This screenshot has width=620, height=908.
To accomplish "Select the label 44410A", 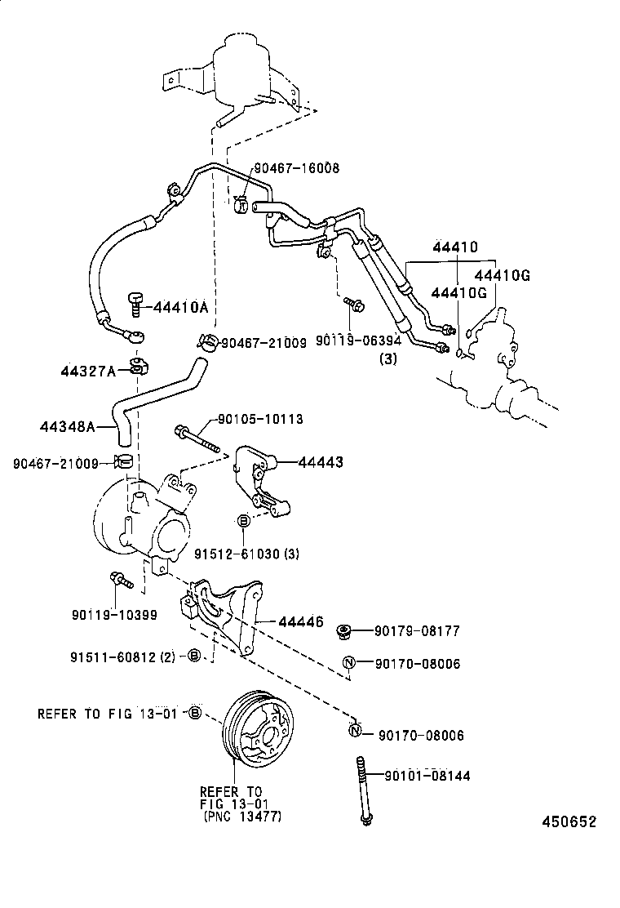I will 178,308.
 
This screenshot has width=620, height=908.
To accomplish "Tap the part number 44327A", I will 87,372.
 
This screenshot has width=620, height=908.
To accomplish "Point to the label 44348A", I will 68,426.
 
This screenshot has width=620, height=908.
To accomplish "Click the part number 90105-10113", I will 260,419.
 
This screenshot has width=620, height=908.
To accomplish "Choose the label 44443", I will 320,462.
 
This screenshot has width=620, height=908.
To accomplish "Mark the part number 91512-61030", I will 236,554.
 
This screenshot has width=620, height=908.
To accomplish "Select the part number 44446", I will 301,622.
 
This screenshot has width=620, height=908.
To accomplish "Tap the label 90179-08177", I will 417,630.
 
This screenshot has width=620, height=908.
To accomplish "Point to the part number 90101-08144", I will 421,776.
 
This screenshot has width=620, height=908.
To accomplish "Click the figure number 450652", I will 569,821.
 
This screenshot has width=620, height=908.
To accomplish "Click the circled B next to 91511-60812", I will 194,655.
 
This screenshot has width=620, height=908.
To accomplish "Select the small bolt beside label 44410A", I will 135,303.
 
